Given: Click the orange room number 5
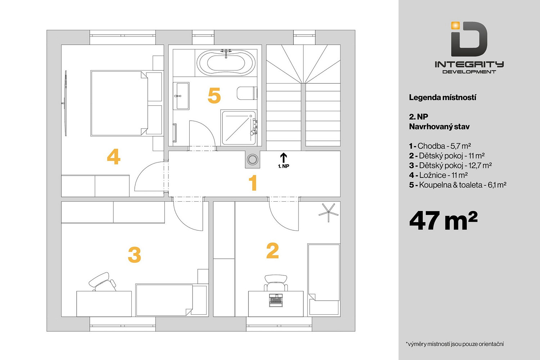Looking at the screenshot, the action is [x=214, y=95].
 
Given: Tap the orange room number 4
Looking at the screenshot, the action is [x=113, y=157].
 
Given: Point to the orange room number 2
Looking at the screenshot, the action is [x=273, y=251].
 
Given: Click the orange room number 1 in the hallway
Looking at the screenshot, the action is [x=253, y=183].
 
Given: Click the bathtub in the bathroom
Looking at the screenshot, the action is [x=226, y=62].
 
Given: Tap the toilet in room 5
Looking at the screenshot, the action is [x=247, y=93].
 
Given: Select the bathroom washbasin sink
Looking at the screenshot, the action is [x=181, y=96].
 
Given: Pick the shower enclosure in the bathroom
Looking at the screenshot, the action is [x=239, y=128].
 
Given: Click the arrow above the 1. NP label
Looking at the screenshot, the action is [x=284, y=158].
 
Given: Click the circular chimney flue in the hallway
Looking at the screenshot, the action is [x=252, y=159].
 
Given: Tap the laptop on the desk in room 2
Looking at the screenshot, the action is [x=276, y=301].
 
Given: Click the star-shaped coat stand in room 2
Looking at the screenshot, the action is [x=329, y=212].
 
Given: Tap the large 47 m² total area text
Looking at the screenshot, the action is [x=443, y=221].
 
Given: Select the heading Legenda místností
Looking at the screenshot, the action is [x=442, y=98].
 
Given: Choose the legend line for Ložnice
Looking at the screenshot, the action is [x=438, y=175].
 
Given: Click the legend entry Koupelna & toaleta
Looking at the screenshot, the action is [x=458, y=185].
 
